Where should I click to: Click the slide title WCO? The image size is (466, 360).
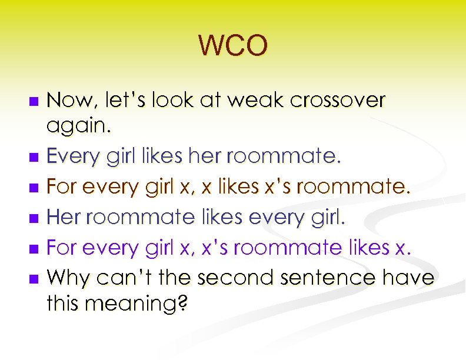point(233,45)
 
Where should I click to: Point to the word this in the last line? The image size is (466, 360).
point(64,304)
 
